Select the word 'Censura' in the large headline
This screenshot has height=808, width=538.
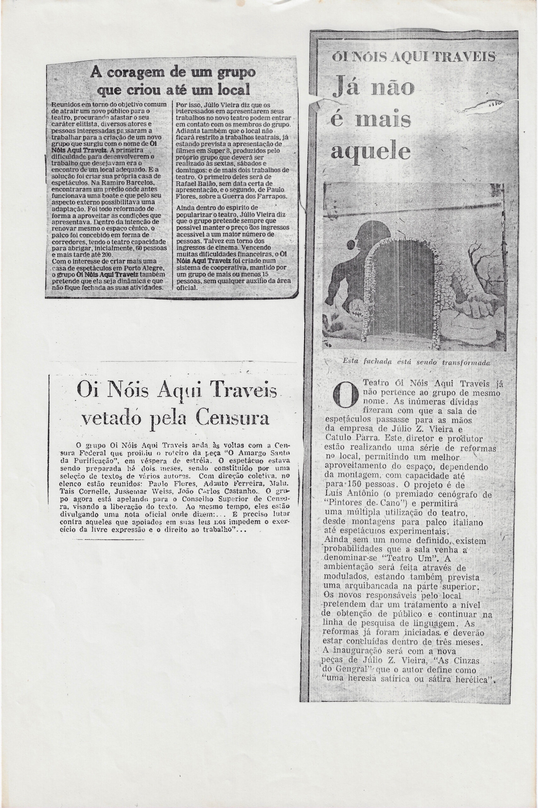point(232,418)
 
